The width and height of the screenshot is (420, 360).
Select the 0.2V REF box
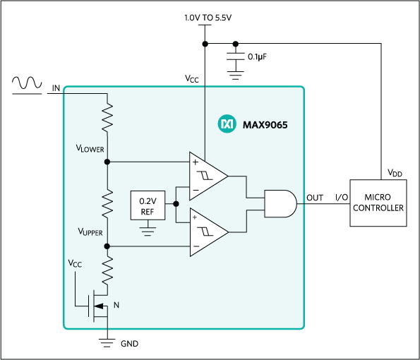coord(148,205)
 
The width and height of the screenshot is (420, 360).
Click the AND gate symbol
coord(280,203)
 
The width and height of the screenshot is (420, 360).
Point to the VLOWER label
coord(90,149)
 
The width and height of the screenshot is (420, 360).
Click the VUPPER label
coord(90,232)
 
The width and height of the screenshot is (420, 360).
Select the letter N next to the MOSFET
coord(116,306)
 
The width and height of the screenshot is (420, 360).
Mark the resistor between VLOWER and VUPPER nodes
coord(107,203)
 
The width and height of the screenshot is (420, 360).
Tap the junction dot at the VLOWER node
coord(107,161)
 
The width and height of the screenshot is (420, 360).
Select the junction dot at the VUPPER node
coord(107,246)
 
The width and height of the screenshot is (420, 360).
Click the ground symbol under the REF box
coord(148,228)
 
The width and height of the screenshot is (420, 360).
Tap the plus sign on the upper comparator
coord(194,162)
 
